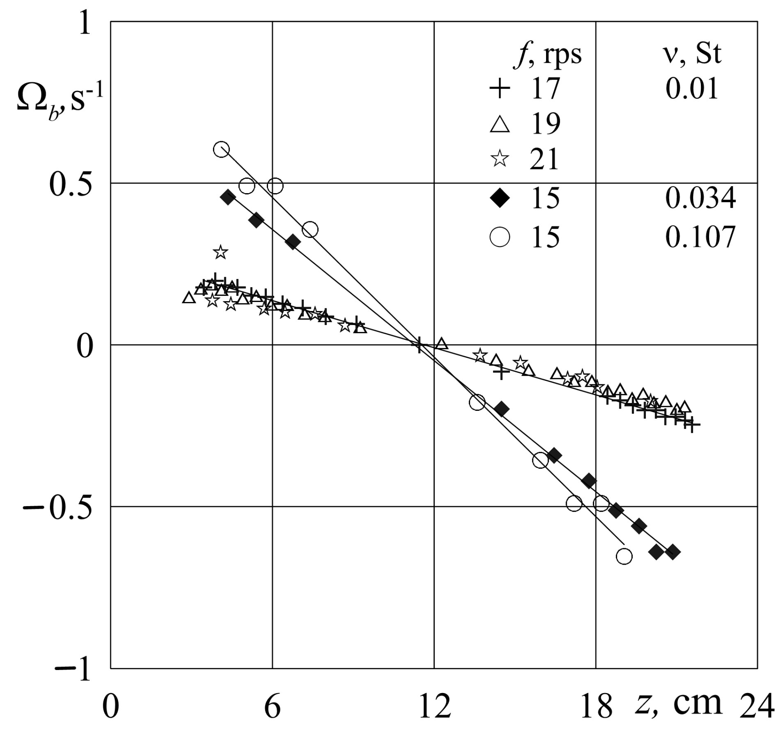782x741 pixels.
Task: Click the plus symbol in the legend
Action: coord(500,88)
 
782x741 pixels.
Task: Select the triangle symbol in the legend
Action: coord(500,124)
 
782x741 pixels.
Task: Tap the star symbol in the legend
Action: coord(500,159)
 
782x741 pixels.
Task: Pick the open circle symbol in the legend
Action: coord(500,236)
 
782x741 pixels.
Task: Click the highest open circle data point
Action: coord(222,149)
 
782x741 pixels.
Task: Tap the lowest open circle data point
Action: coord(624,556)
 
